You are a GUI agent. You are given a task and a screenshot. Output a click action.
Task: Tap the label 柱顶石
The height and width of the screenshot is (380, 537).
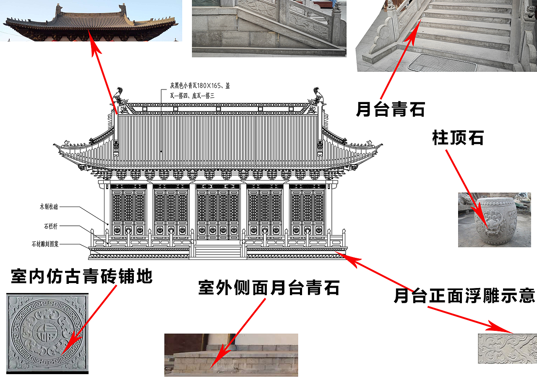tap(458, 138)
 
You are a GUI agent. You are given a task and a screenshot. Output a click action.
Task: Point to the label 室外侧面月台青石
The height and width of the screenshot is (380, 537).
tap(268, 288)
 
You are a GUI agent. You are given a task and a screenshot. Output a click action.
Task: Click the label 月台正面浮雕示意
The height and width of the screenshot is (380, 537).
tap(464, 296)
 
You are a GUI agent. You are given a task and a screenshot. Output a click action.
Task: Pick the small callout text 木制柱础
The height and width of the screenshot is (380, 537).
tap(50, 207)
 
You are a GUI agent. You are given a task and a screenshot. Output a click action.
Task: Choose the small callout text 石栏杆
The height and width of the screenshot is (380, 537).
tap(50, 226)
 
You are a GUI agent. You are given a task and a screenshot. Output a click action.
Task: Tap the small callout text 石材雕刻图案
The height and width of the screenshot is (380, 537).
tap(45, 244)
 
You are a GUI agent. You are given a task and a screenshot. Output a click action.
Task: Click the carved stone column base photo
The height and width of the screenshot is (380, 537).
tap(495, 220)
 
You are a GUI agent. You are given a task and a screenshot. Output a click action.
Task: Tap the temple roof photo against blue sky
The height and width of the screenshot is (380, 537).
tap(91, 21)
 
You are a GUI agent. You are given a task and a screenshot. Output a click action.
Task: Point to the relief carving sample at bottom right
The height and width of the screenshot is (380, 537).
tap(507, 349)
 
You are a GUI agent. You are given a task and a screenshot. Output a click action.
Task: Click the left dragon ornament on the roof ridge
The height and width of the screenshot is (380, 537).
tap(119, 97)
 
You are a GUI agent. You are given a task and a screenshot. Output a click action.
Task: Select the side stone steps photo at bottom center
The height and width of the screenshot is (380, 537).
tap(231, 355)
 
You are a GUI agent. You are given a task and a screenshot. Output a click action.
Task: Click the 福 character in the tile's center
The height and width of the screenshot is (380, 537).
tap(43, 334)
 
